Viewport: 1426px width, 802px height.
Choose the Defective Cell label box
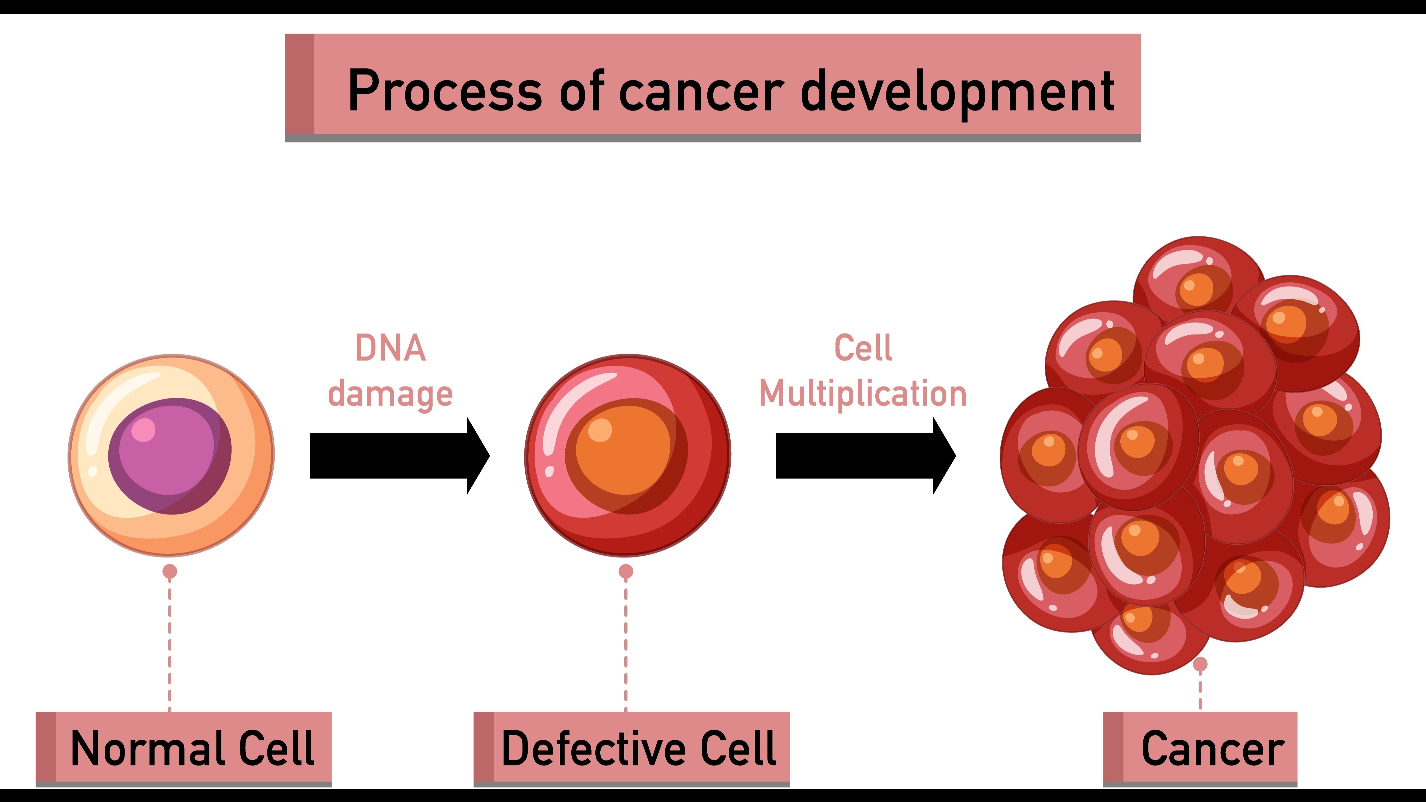[632, 748]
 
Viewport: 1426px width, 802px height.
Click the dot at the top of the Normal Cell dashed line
[170, 571]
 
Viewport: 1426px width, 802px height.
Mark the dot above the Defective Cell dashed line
[625, 571]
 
